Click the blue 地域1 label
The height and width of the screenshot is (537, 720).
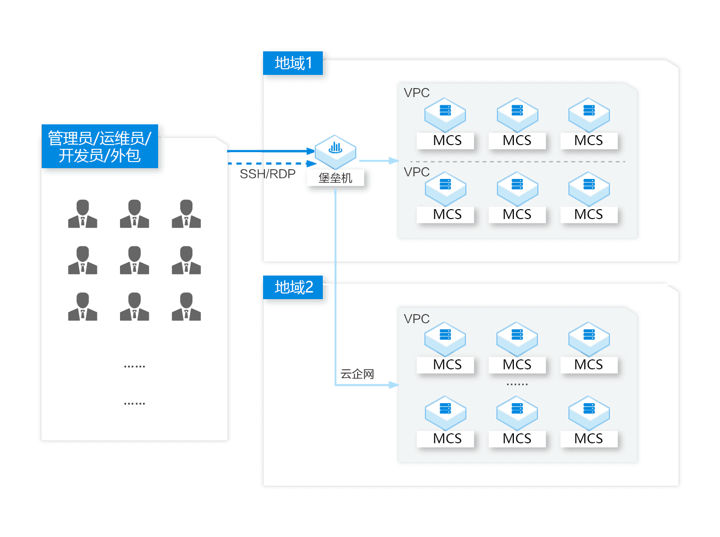point(293,63)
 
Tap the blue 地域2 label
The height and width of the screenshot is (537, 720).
point(293,287)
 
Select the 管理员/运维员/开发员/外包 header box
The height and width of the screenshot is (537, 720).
point(100,146)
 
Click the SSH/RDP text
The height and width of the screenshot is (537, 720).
point(267,174)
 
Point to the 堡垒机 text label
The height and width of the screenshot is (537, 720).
point(336,178)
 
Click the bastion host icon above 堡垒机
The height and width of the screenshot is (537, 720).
point(336,152)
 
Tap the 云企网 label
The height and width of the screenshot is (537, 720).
point(357,374)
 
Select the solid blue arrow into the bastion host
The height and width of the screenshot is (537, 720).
point(271,151)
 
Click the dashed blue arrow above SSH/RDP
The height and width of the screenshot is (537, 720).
point(272,163)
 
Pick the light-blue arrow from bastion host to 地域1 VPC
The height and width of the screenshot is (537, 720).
point(379,161)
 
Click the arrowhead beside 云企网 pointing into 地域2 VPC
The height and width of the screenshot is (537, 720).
point(394,385)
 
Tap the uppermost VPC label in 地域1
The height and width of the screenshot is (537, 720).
point(416,93)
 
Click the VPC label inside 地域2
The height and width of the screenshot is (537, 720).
point(416,318)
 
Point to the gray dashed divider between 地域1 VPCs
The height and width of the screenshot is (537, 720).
point(518,162)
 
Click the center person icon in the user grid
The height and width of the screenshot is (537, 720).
point(135,260)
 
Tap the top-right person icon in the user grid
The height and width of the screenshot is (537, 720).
point(186,213)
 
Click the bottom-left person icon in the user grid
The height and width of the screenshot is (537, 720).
point(82,307)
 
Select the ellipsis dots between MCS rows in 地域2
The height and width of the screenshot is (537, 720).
point(517,384)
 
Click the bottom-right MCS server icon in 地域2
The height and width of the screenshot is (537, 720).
point(589,413)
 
